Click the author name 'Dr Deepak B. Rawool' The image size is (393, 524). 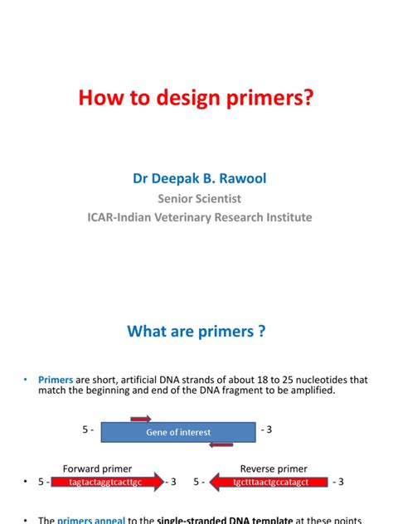(196, 178)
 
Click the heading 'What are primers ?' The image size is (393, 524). (196, 332)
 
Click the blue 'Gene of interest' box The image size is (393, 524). (178, 431)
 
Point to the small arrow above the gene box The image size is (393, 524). (138, 419)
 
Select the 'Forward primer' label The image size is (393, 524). (97, 468)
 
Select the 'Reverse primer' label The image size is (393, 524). (274, 468)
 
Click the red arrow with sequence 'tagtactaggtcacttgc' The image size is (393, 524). (107, 482)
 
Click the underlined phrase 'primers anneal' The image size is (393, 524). (90, 520)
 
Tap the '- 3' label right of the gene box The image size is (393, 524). (268, 430)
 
